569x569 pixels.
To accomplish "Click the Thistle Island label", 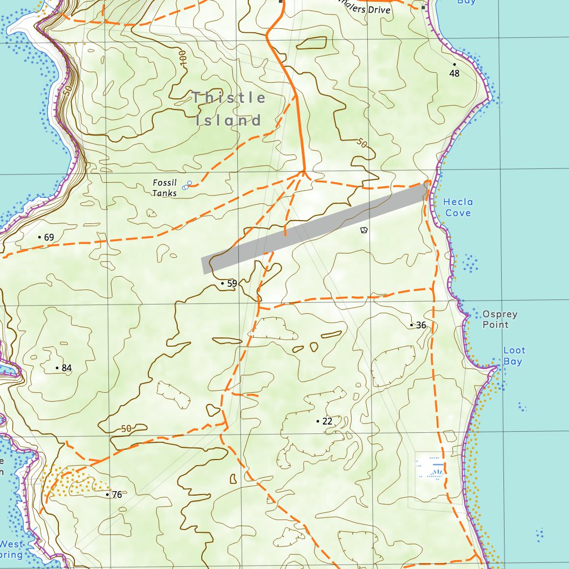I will coord(229,109).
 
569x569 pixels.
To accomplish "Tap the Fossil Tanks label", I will coord(164,188).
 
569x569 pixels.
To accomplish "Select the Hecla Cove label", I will coord(458,207).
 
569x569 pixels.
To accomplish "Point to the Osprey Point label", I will coord(500,319).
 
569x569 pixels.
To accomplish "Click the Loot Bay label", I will coord(513,356).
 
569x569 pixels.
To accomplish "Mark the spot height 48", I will coord(455,73).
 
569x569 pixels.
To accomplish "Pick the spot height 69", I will coord(48,237).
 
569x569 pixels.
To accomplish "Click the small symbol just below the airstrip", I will coord(364,229).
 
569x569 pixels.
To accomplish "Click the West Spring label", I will coord(11,549).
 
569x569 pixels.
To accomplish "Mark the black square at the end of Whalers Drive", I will coord(425,8).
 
